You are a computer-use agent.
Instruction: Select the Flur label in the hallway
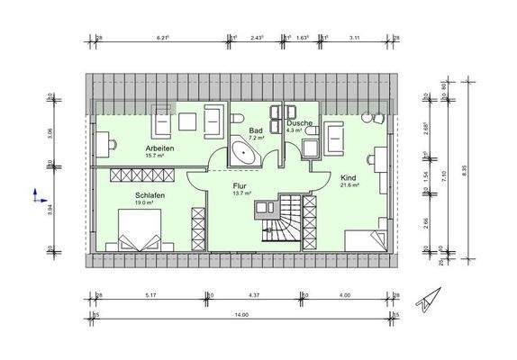240,186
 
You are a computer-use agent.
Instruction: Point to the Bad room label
255,130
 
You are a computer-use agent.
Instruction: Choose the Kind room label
349,177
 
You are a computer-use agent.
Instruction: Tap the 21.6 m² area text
349,185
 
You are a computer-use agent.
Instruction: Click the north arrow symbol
426,301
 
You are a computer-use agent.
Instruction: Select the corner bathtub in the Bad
244,151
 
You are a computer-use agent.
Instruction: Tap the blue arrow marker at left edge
35,193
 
